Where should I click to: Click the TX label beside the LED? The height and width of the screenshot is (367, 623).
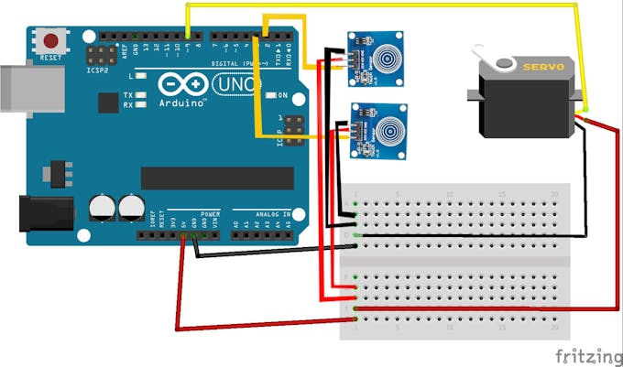(x=128, y=94)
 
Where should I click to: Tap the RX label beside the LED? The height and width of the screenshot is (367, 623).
(x=128, y=104)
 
